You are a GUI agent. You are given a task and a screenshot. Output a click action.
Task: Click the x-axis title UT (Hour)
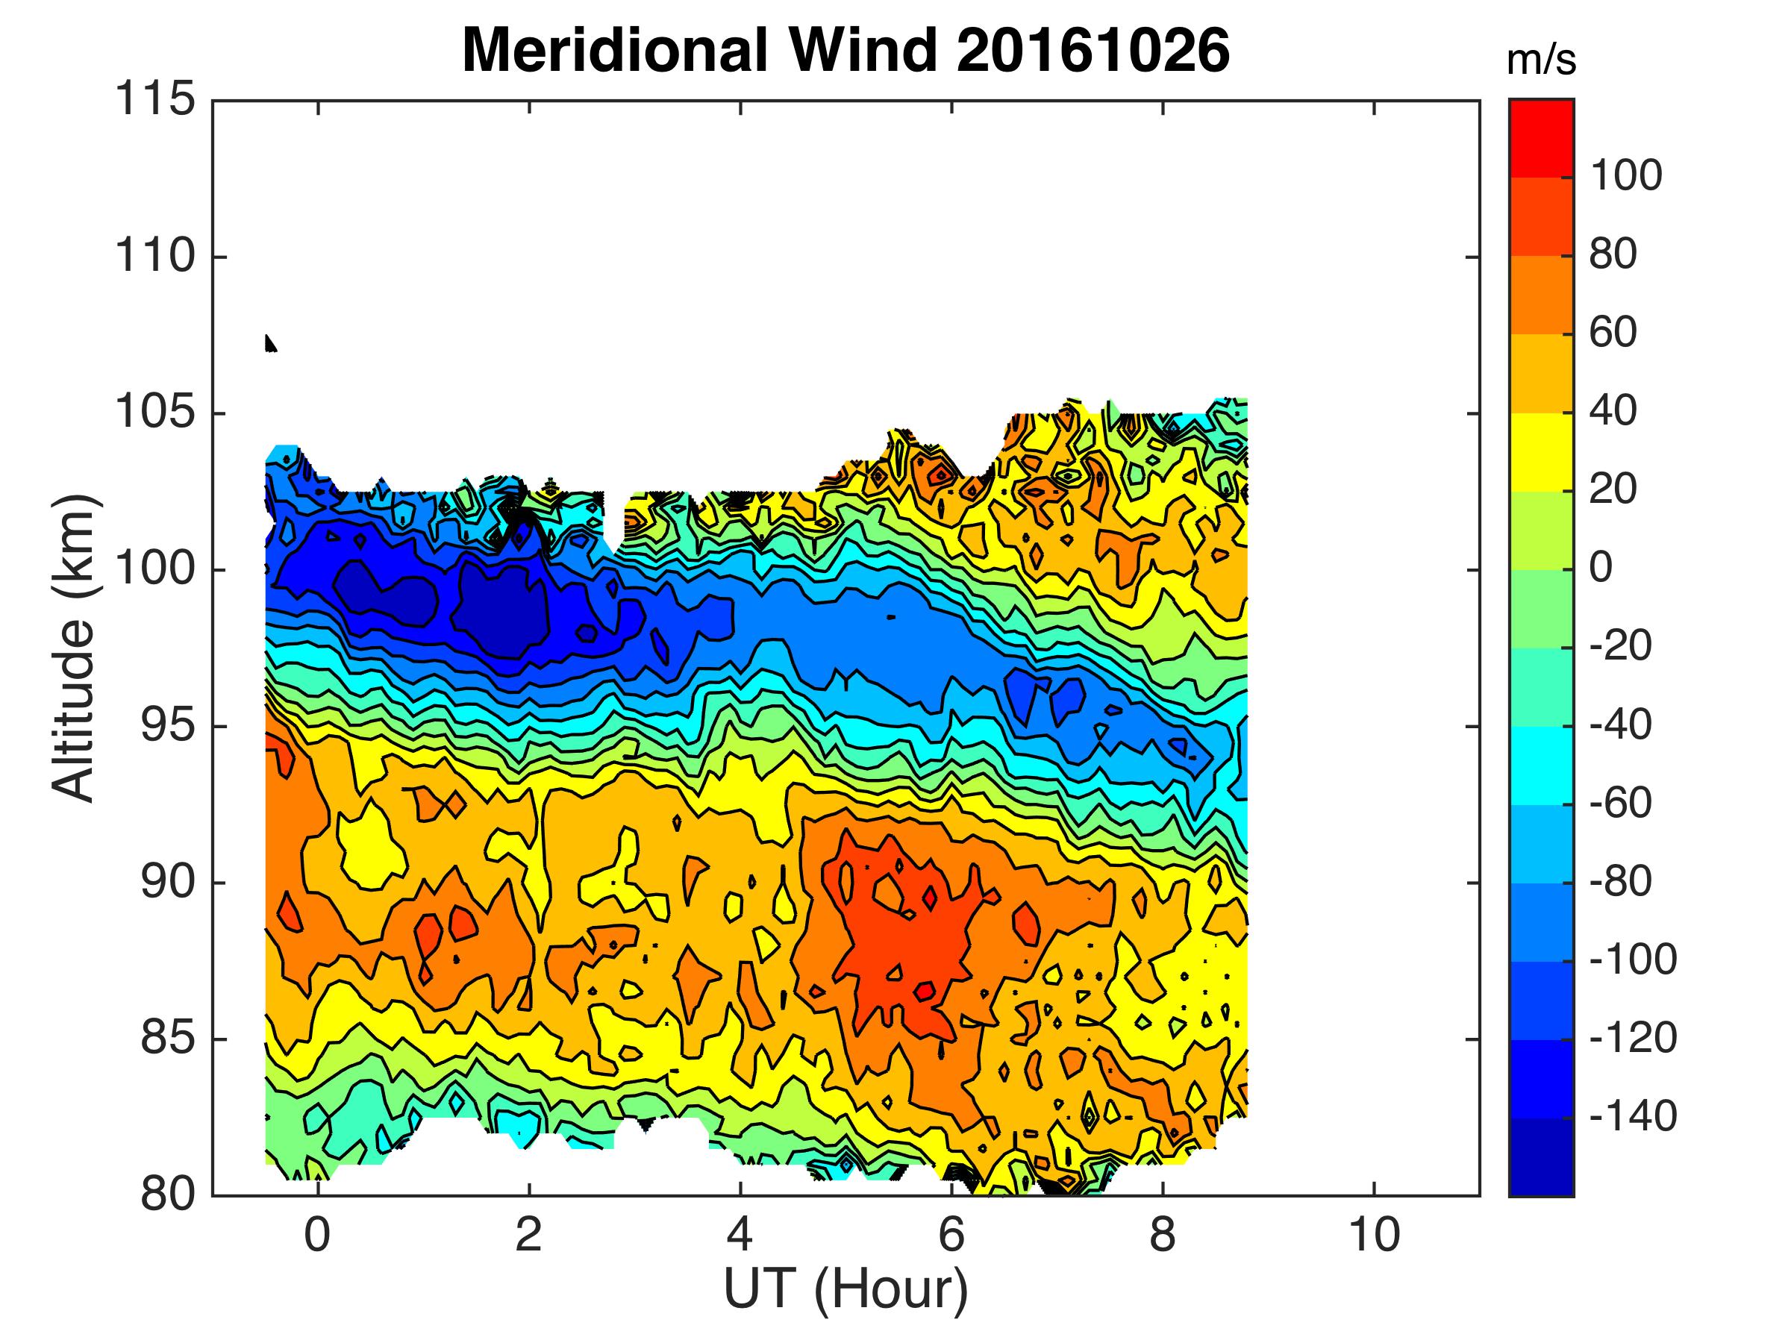(846, 1288)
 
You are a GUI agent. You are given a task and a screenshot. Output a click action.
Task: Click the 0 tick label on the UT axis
(318, 1236)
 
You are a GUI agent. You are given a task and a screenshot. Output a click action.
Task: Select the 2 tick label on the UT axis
(528, 1236)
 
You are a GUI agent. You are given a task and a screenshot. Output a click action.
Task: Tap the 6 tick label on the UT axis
(951, 1236)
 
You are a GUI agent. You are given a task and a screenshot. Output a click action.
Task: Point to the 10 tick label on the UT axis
(1374, 1236)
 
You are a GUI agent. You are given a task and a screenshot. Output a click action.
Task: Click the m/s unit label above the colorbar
(1541, 61)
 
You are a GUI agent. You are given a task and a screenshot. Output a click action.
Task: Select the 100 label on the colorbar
(1626, 175)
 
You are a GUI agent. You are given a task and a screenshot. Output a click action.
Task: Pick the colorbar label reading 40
(1613, 411)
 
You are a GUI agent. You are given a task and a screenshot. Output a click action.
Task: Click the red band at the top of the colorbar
(1541, 137)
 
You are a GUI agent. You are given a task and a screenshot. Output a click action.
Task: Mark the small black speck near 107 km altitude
(270, 343)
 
